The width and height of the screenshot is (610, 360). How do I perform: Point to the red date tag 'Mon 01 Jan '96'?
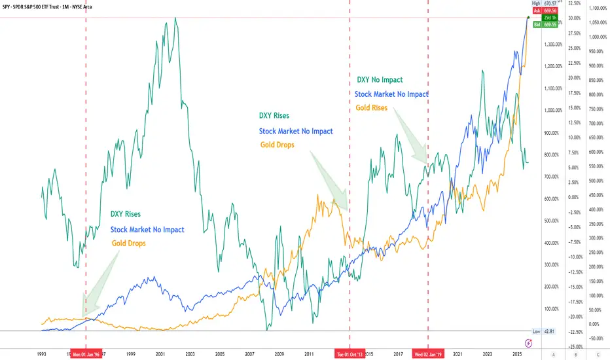pyautogui.click(x=86, y=354)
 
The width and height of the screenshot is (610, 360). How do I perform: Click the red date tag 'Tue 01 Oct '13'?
pyautogui.click(x=350, y=354)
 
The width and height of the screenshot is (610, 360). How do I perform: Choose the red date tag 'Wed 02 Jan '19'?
pyautogui.click(x=428, y=354)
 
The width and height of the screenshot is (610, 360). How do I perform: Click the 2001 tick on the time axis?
pyautogui.click(x=160, y=354)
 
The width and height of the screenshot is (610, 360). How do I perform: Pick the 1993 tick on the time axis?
pyautogui.click(x=41, y=354)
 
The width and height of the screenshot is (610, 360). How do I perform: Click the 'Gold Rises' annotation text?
pyautogui.click(x=372, y=108)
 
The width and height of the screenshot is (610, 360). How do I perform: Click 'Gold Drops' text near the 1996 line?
pyautogui.click(x=128, y=243)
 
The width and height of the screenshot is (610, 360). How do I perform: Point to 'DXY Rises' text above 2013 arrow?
pyautogui.click(x=274, y=116)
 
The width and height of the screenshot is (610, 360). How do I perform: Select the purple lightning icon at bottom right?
pyautogui.click(x=529, y=342)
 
